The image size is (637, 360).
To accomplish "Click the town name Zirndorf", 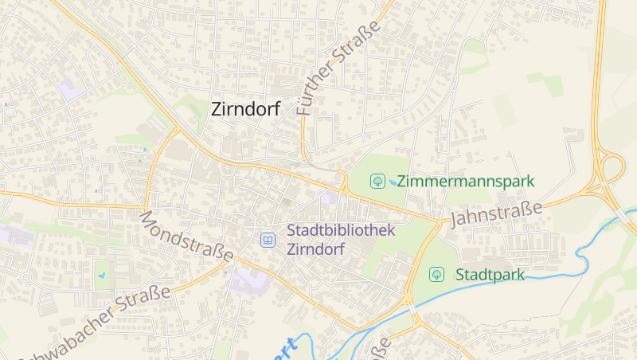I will pos(245,110).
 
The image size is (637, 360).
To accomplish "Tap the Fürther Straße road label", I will pos(338,69).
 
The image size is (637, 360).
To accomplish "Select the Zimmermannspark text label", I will pos(465,182).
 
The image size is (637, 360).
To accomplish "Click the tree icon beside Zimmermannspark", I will pos(377,182).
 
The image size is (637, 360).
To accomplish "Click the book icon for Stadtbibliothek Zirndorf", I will pos(268,240).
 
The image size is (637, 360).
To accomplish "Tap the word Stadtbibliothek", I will pos(340,231).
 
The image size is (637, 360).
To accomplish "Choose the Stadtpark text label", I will pos(490,275).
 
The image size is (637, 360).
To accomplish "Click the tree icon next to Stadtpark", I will pos(436,275).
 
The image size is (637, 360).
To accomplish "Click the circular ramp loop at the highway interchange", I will pos(613,168).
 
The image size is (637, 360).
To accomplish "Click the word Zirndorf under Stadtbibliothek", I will pos(315,249).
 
